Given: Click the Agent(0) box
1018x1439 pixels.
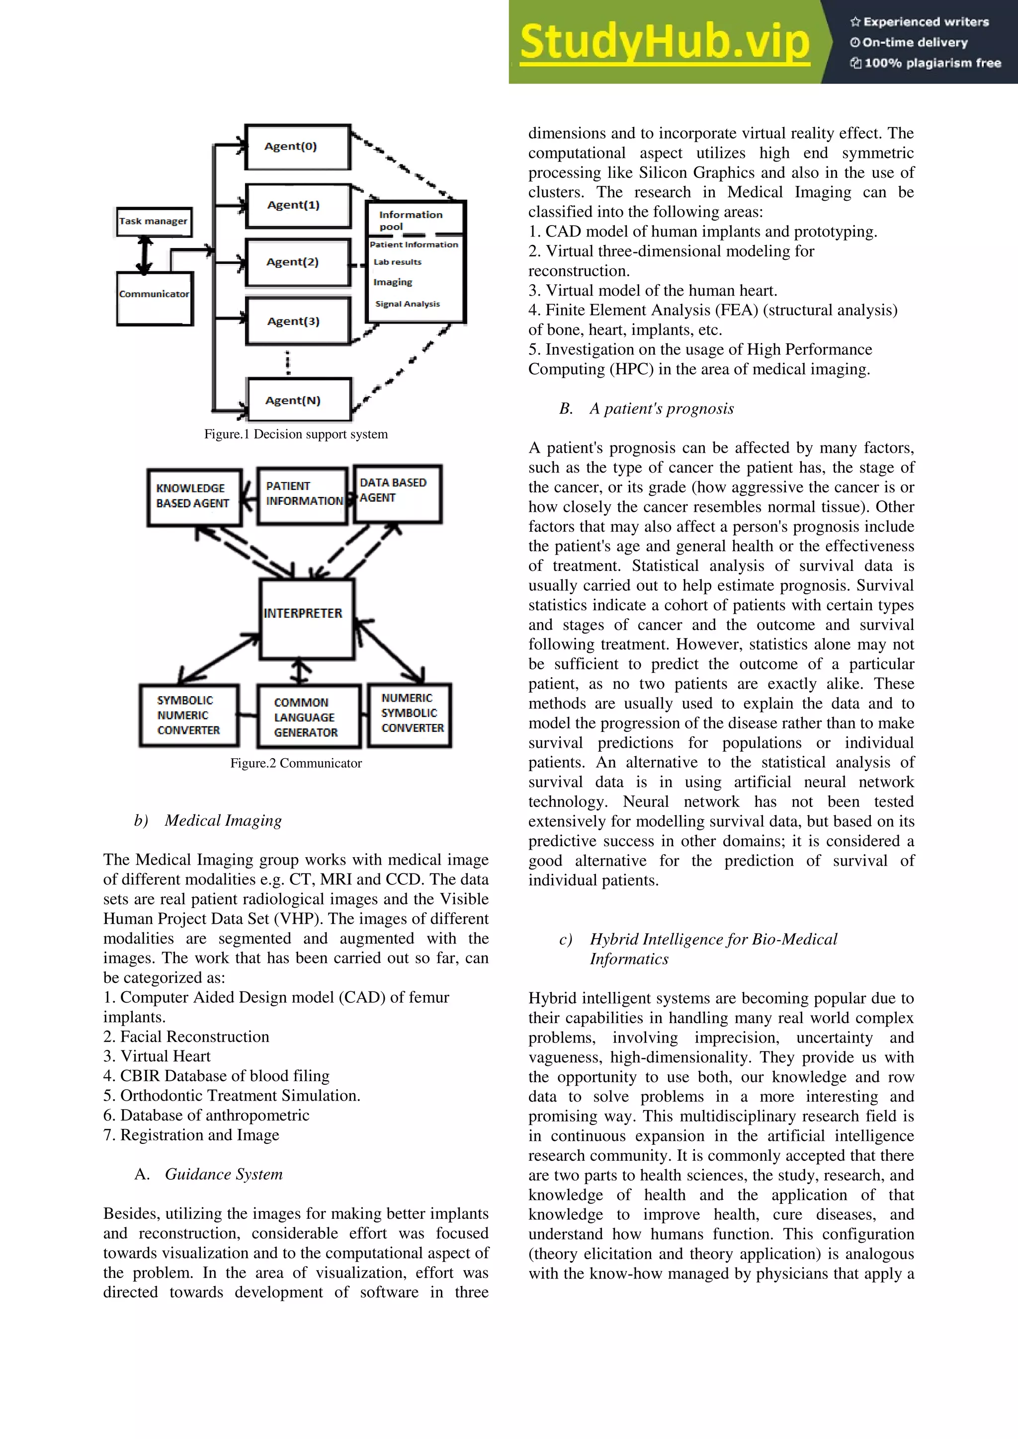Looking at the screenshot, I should click(x=297, y=147).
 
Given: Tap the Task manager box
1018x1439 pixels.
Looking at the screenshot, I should click(x=154, y=221).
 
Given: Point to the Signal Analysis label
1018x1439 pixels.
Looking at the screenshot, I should click(x=408, y=304).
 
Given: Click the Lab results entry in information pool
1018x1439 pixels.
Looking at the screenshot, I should click(x=398, y=262).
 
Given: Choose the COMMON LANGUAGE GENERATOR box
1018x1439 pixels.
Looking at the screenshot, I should click(x=308, y=717).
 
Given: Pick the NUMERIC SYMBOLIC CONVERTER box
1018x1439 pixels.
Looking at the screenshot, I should click(x=411, y=714).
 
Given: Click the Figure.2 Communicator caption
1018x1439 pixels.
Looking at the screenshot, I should click(x=296, y=763).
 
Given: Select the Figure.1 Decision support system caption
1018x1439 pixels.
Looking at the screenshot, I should click(x=296, y=434).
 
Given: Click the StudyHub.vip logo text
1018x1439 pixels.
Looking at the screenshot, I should click(x=665, y=42).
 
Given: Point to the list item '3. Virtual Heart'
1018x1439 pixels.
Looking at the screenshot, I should click(x=157, y=1056).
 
